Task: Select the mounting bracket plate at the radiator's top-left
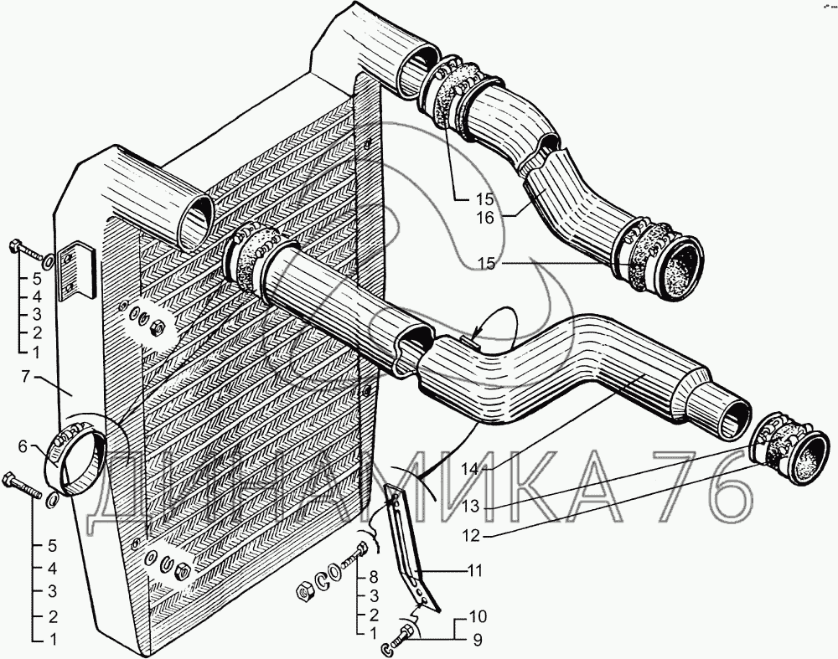pos(76,269)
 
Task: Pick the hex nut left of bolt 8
pos(305,591)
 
